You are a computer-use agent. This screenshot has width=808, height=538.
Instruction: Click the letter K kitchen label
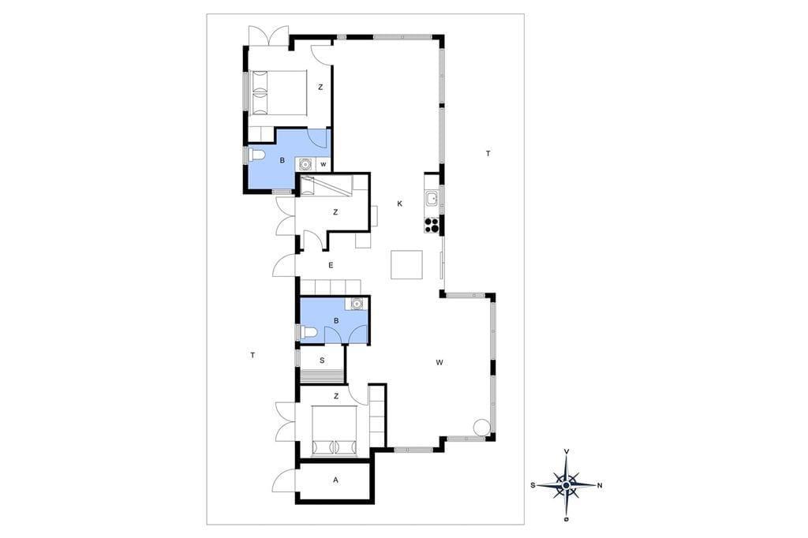tap(399, 204)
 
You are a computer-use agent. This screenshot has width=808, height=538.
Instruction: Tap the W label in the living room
tap(440, 363)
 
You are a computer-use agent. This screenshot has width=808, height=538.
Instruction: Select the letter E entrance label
tap(331, 265)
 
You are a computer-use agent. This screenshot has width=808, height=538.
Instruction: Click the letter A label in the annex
tap(335, 480)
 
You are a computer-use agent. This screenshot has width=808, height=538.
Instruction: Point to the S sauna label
tap(322, 361)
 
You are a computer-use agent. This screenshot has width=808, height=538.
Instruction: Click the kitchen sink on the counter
tap(432, 197)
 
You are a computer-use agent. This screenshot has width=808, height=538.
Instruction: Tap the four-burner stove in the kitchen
tap(432, 225)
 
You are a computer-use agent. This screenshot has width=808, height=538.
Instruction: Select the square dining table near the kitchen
tap(406, 264)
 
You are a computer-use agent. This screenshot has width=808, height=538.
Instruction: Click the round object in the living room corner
tap(482, 428)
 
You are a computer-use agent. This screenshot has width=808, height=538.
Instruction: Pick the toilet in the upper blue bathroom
tap(256, 155)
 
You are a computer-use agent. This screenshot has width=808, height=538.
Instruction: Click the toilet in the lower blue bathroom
tap(308, 332)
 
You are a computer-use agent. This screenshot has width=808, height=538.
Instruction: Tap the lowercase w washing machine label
tap(323, 165)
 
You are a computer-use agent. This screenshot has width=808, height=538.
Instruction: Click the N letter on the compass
tap(600, 485)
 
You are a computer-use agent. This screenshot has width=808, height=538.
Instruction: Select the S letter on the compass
tap(533, 485)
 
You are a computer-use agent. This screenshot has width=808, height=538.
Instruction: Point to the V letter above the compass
tap(567, 451)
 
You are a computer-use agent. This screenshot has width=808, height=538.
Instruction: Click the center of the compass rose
tap(567, 485)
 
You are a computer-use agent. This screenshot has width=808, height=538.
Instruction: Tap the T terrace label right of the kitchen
tap(488, 154)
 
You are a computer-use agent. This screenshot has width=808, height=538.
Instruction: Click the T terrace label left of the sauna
tap(252, 355)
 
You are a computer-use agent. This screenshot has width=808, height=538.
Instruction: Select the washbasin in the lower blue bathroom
tap(356, 304)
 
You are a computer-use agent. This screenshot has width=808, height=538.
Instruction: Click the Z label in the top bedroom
tap(320, 88)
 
